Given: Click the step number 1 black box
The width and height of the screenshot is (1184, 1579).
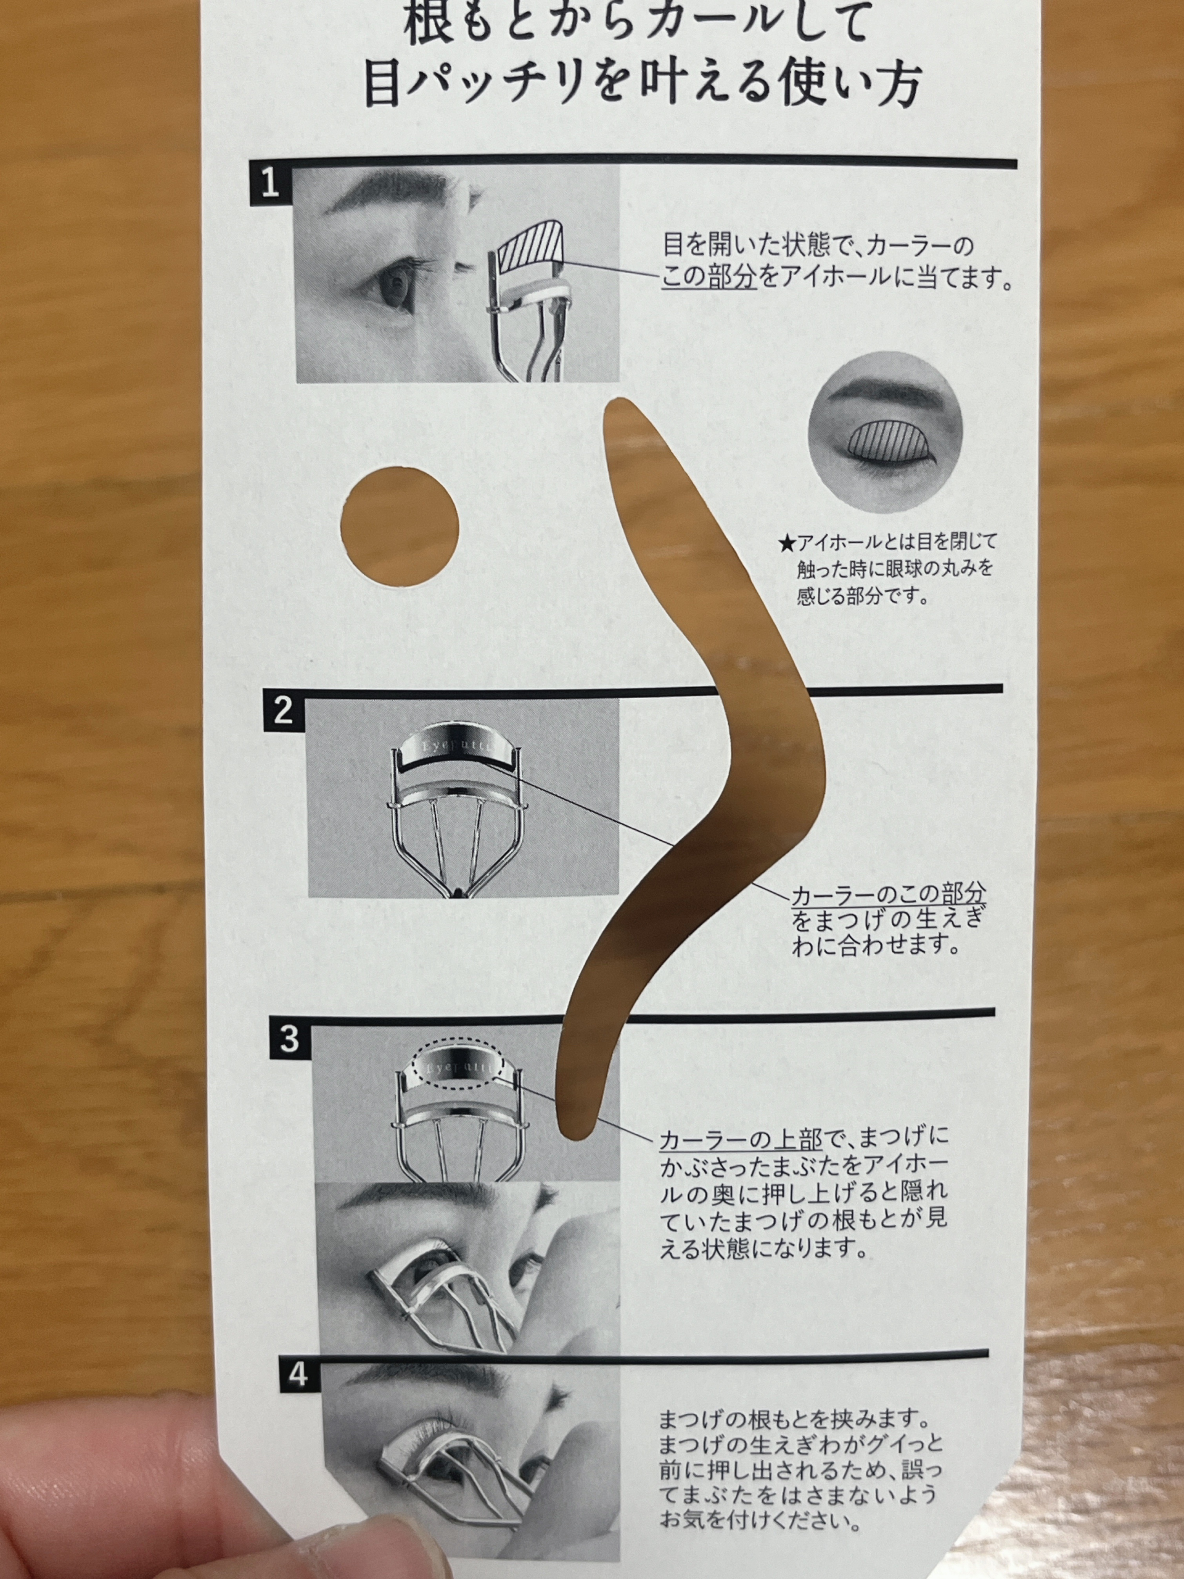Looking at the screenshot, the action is click(x=271, y=185).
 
